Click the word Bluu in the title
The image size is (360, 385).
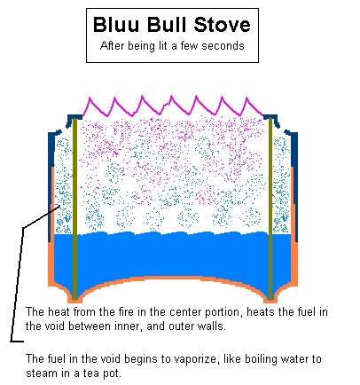pos(116,24)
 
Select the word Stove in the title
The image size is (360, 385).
pos(223,24)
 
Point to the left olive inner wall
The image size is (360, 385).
pos(75,208)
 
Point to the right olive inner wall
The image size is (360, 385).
pos(270,208)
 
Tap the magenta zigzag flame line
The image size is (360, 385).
pos(173,106)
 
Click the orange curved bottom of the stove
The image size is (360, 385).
pos(173,279)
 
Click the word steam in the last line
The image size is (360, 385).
pos(43,373)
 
